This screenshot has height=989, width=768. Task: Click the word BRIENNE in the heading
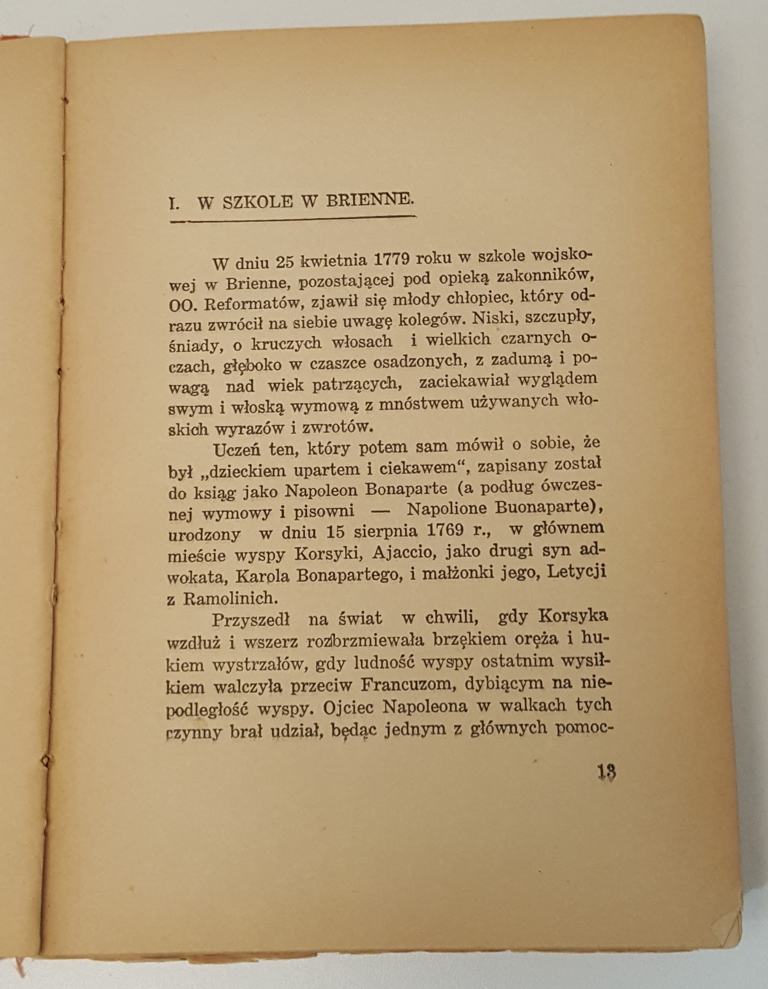[369, 200]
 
